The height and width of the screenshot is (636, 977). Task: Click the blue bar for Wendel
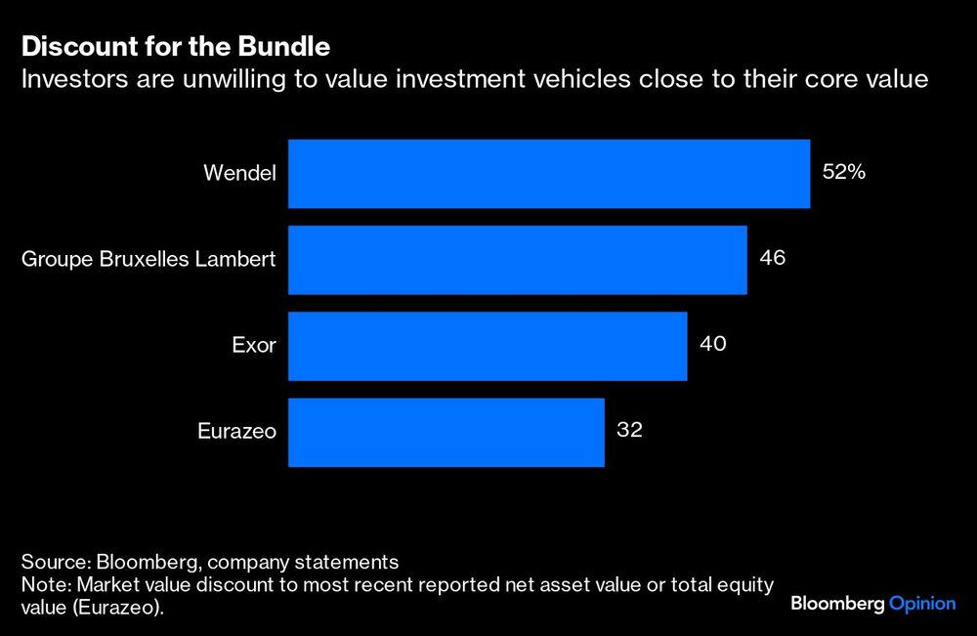[x=548, y=174]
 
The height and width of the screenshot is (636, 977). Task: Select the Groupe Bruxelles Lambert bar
[x=517, y=260]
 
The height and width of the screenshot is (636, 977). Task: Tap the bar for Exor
[x=488, y=346]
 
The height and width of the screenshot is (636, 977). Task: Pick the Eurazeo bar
[x=446, y=432]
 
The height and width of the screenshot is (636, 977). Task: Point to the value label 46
[x=772, y=259]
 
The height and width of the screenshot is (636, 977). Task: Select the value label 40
[x=712, y=345]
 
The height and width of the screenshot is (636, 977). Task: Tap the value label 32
[x=630, y=431]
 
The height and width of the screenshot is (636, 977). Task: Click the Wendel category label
[x=240, y=174]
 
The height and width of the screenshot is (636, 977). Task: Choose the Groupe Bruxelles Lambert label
[x=149, y=260]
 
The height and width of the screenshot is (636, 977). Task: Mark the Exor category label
[x=254, y=346]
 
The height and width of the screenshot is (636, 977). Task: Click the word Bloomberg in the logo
[x=836, y=604]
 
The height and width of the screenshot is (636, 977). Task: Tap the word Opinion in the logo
[x=921, y=604]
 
